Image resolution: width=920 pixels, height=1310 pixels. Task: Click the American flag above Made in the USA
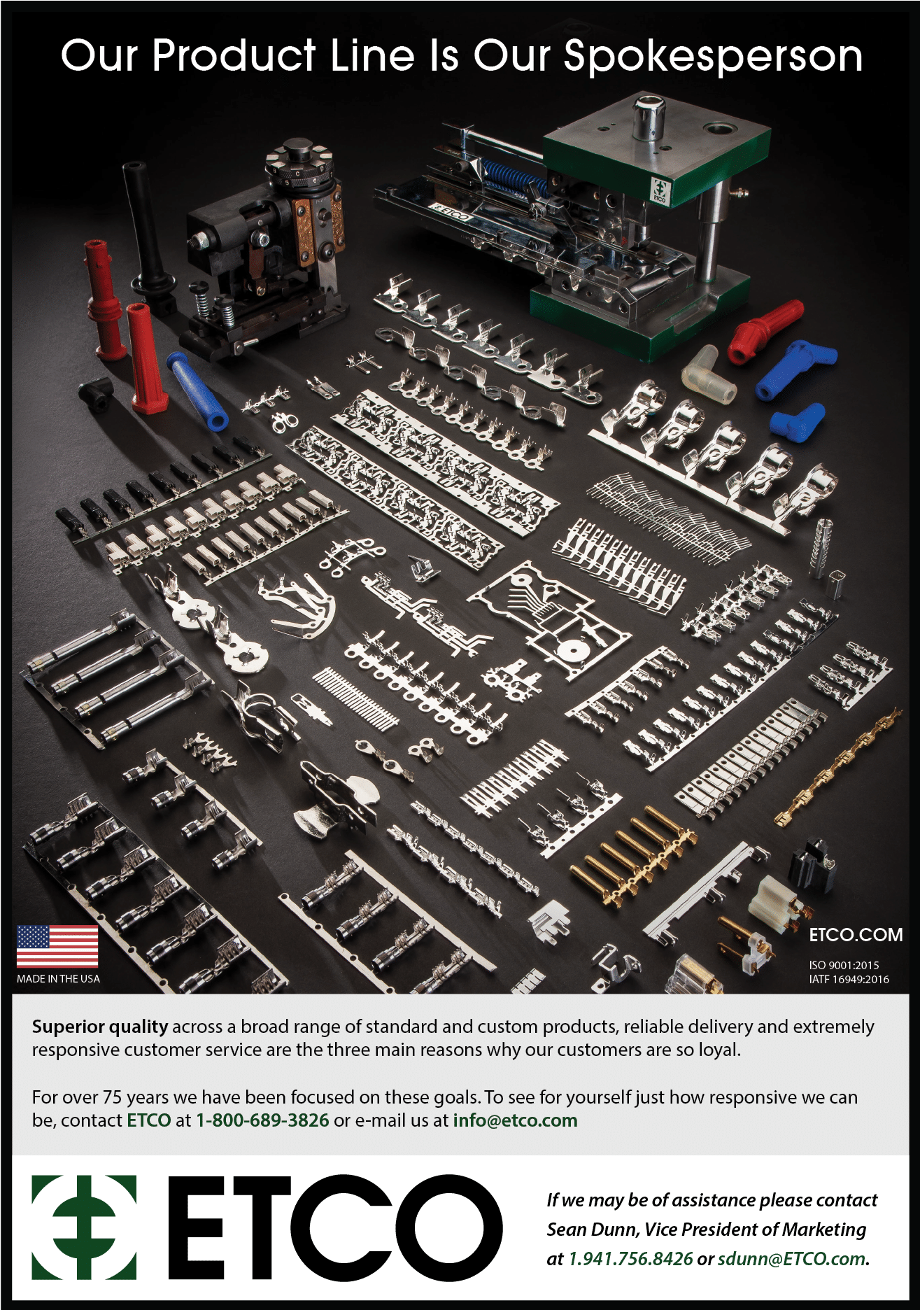point(57,947)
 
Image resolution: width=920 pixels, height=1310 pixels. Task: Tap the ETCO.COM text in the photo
point(856,935)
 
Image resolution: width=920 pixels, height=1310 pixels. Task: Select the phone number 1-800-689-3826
point(262,1120)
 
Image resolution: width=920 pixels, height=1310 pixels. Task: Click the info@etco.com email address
point(516,1120)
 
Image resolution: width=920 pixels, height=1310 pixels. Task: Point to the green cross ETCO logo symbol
point(84,1227)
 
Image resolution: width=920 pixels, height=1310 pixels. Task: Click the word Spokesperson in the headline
point(713,56)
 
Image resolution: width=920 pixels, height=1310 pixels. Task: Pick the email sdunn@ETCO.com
point(792,1259)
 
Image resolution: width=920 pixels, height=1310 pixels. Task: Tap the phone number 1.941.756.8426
point(630,1259)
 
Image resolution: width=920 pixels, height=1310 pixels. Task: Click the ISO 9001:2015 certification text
point(844,965)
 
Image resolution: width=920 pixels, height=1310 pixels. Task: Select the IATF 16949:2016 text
point(849,979)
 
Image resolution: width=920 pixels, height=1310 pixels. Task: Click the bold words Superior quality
point(100,1027)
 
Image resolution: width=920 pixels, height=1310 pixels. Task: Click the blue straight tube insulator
point(197,390)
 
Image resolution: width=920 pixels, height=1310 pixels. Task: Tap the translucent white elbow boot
point(707,376)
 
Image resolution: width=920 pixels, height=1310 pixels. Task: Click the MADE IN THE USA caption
point(58,979)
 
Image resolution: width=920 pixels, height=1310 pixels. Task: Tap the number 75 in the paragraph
point(112,1097)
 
